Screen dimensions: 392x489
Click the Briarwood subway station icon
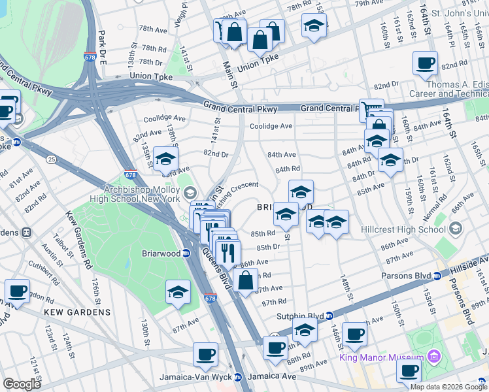[186, 253]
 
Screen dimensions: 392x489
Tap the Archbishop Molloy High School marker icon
[190, 191]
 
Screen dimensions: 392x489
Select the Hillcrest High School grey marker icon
[456, 229]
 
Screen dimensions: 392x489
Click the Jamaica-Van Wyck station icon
[239, 377]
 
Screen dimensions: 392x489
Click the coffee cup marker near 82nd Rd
[425, 64]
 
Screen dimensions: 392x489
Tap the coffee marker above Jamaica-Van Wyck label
[205, 355]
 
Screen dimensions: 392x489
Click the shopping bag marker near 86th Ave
[244, 281]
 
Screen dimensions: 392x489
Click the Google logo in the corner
[22, 384]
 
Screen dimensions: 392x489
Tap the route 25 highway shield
[50, 158]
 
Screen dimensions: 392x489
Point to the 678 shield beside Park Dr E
[89, 57]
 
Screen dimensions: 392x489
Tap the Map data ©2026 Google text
[448, 386]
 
